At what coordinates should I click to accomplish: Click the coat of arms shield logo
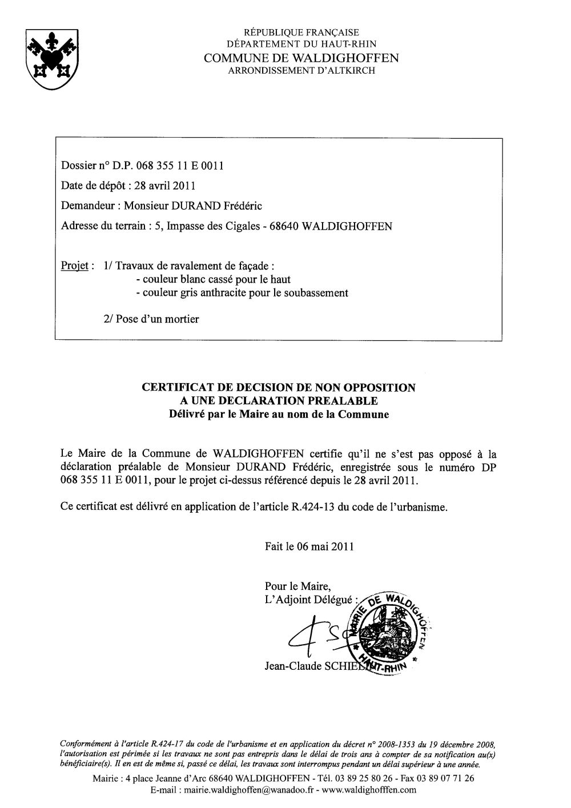(x=49, y=59)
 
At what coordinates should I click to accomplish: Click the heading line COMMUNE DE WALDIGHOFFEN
(x=301, y=58)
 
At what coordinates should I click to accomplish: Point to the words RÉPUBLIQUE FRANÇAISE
(x=301, y=33)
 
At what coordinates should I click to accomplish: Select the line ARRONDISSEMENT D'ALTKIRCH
(x=301, y=70)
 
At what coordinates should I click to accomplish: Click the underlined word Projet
(x=74, y=266)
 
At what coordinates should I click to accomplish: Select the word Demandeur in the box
(x=87, y=206)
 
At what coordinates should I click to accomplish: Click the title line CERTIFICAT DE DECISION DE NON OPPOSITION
(x=279, y=388)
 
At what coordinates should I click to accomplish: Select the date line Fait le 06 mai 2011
(x=309, y=546)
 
